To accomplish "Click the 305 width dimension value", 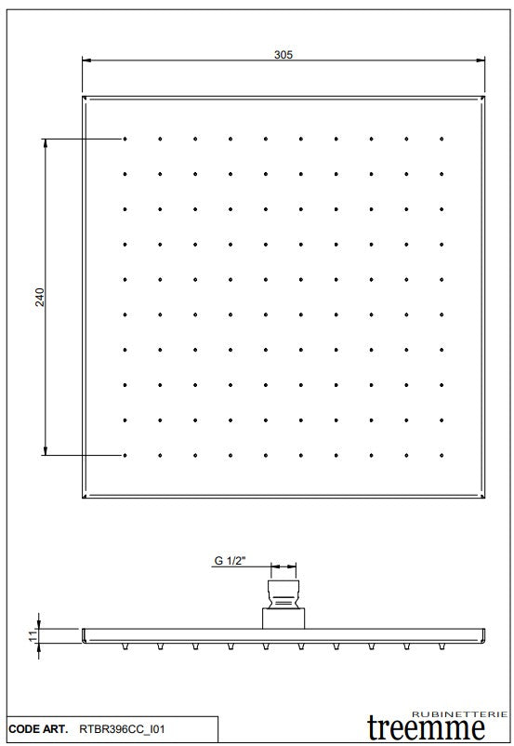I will pyautogui.click(x=283, y=55).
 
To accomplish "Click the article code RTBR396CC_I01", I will pyautogui.click(x=124, y=733).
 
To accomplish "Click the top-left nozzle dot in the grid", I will pyautogui.click(x=125, y=140).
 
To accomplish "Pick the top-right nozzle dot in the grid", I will pyautogui.click(x=441, y=140).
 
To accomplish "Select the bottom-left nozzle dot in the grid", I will pyautogui.click(x=125, y=455).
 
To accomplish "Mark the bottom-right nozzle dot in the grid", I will pyautogui.click(x=441, y=455).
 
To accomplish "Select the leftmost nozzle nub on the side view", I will pyautogui.click(x=125, y=645).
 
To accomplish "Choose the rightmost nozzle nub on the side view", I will pyautogui.click(x=441, y=645).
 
